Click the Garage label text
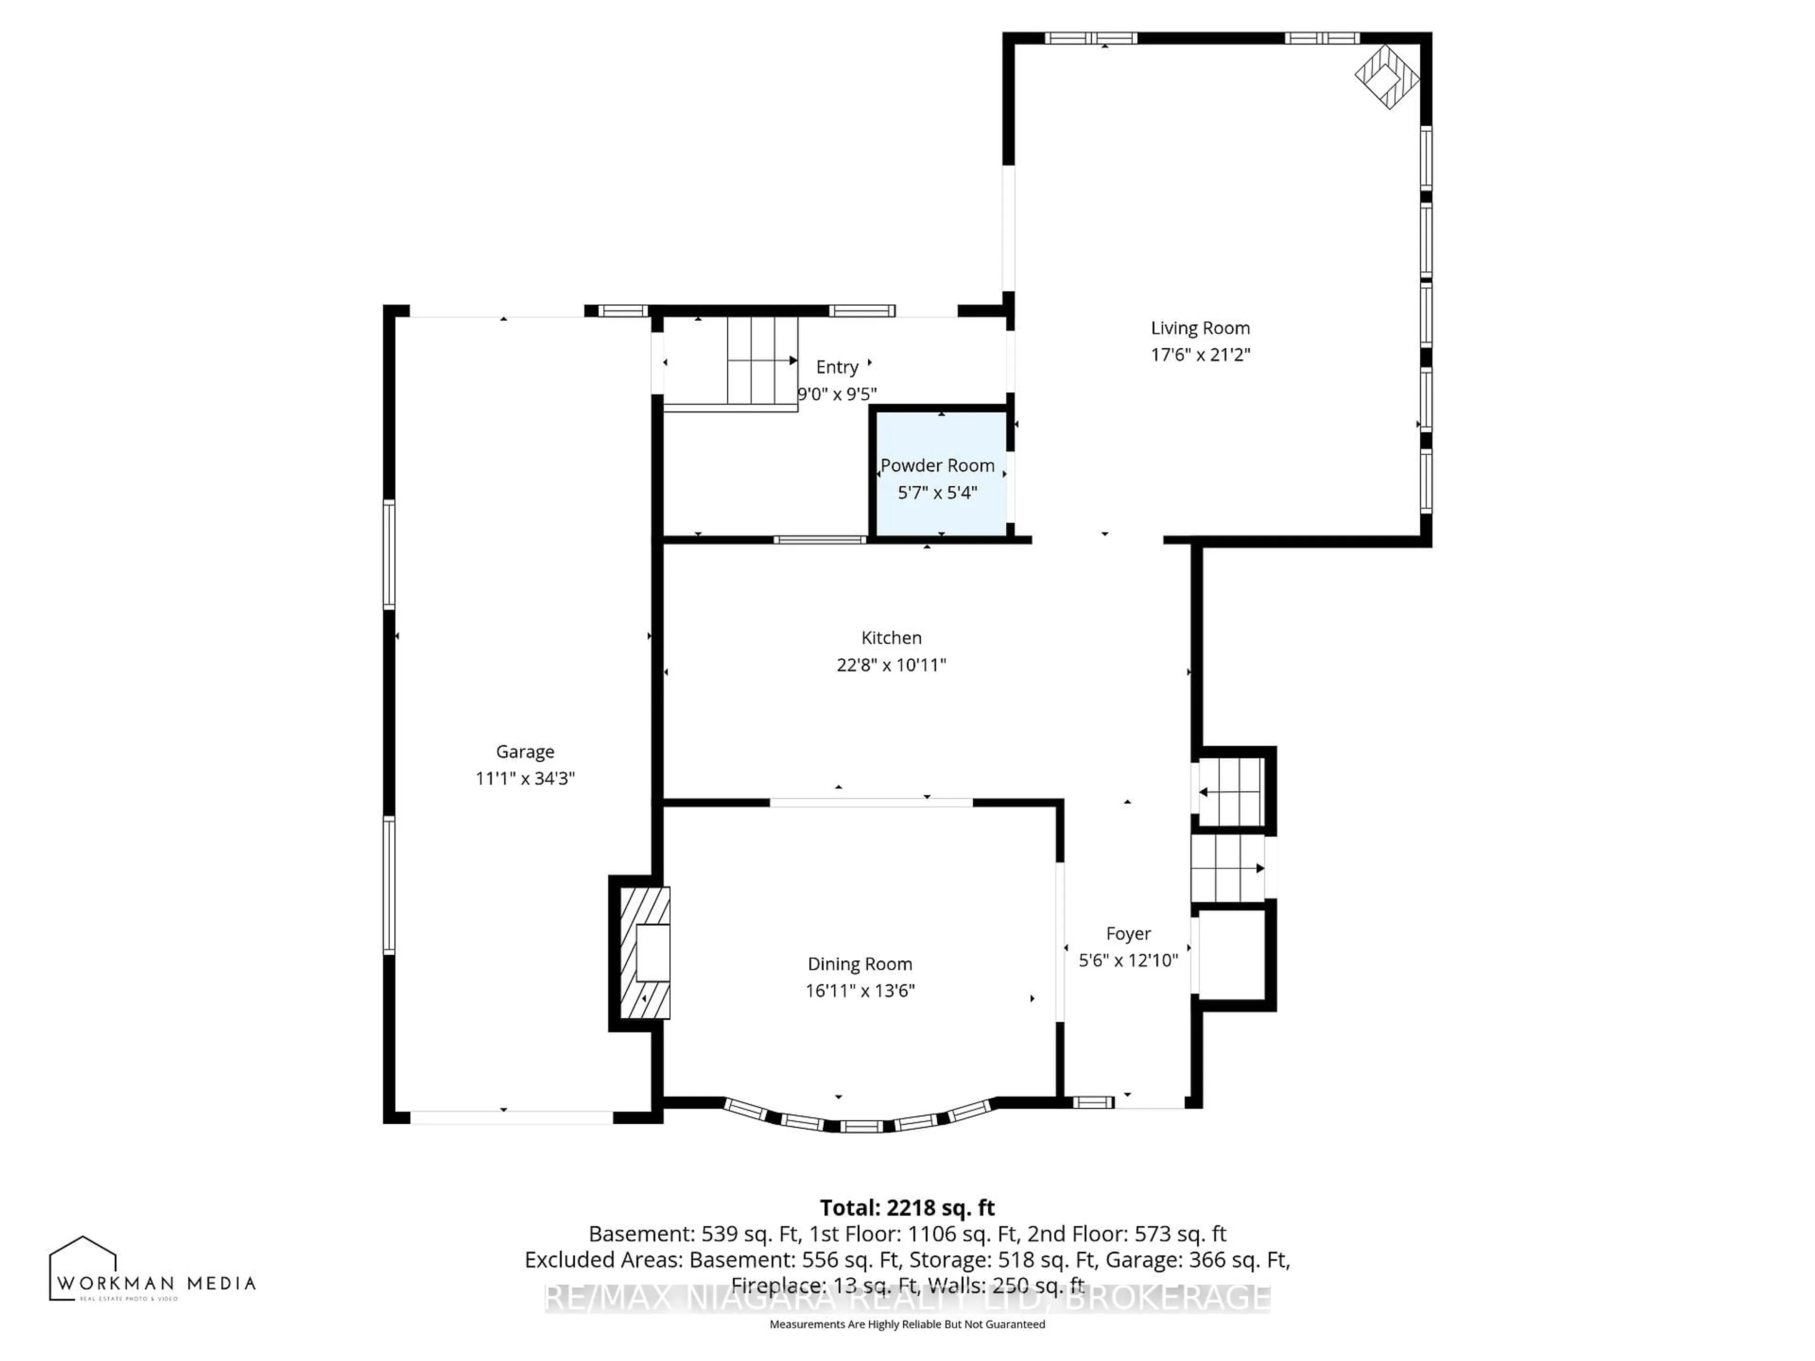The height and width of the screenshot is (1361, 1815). tap(525, 751)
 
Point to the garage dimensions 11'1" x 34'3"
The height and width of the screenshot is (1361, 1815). tap(525, 778)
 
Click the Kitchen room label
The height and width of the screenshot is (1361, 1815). tap(891, 637)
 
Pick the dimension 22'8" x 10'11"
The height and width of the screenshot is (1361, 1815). tap(891, 664)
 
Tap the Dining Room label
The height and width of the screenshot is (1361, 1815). tap(859, 964)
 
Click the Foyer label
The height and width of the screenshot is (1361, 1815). tap(1128, 934)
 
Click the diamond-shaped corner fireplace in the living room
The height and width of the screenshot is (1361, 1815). tap(1387, 76)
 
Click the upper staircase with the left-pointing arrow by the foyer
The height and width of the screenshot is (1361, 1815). tap(1230, 792)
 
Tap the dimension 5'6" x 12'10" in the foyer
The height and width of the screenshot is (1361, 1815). tap(1128, 960)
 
